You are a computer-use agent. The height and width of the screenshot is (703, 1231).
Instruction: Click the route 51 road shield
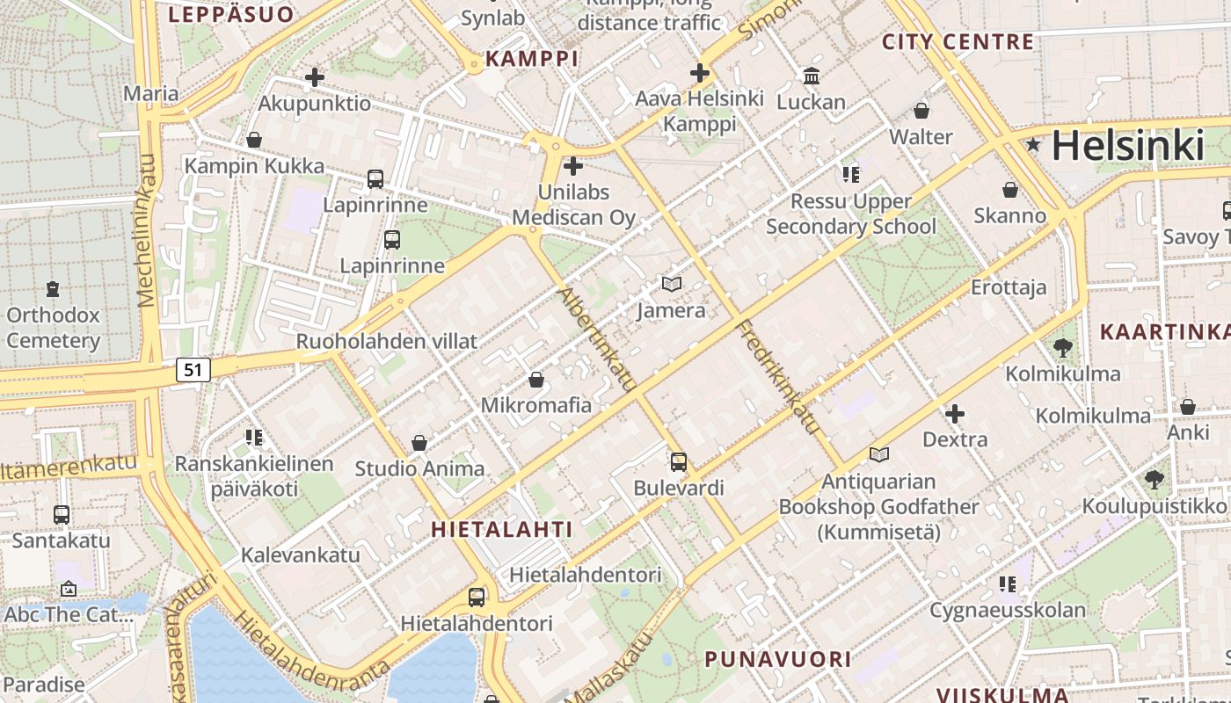click(x=193, y=370)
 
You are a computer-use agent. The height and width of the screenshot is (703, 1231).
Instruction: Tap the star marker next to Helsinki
click(x=1033, y=145)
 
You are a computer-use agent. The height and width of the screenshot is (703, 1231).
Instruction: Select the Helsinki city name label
click(x=1127, y=146)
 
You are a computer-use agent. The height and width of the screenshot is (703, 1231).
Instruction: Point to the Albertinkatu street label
click(x=597, y=338)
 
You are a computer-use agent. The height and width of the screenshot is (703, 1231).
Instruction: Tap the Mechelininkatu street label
click(x=147, y=230)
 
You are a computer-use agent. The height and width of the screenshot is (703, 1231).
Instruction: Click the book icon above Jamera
click(x=672, y=284)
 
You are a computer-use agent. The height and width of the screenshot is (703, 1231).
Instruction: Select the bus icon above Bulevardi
click(x=678, y=461)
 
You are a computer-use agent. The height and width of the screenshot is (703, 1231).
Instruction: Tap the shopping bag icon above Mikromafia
click(x=535, y=380)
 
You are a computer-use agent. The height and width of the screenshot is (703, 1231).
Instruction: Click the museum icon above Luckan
click(x=811, y=76)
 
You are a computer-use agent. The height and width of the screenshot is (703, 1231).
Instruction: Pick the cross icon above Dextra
click(x=954, y=413)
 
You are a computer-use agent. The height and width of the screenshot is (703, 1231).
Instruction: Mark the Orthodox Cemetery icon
click(x=53, y=288)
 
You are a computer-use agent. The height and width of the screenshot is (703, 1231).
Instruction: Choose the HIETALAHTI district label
click(x=501, y=529)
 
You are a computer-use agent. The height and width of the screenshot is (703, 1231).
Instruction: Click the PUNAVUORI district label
click(x=777, y=659)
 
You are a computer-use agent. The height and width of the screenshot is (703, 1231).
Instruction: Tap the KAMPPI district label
click(x=532, y=59)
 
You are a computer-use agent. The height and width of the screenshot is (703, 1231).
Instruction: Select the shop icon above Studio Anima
click(x=419, y=443)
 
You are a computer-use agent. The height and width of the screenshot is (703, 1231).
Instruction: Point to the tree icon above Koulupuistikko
click(x=1154, y=480)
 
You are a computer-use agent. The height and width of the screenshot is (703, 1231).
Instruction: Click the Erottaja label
click(x=1009, y=287)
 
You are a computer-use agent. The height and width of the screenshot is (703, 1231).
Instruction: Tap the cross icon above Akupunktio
click(x=314, y=77)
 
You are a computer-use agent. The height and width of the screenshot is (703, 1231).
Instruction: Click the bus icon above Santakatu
click(x=61, y=514)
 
